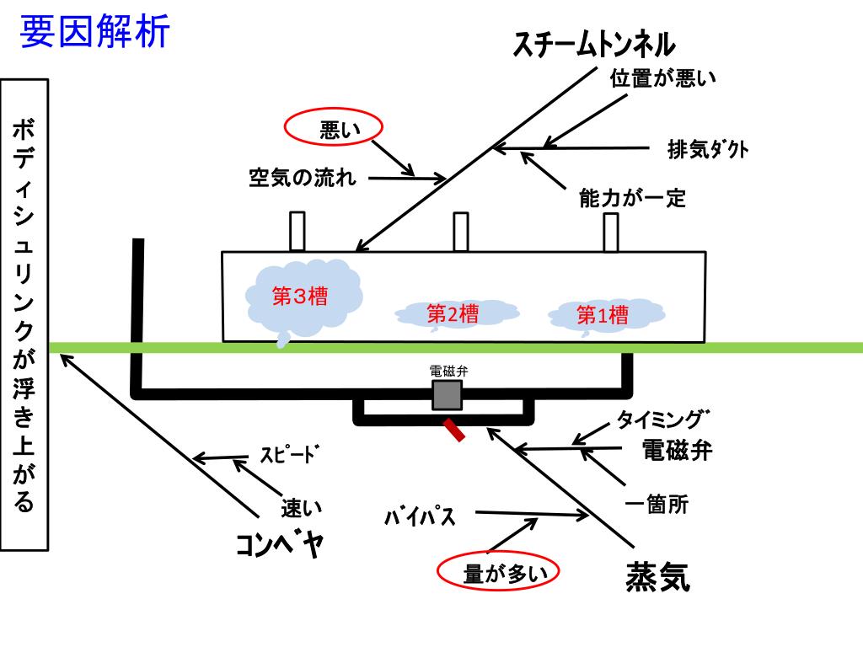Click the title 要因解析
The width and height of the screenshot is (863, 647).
pyautogui.click(x=94, y=33)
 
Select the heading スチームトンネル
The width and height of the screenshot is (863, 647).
pyautogui.click(x=595, y=45)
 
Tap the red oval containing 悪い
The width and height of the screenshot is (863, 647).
pyautogui.click(x=333, y=129)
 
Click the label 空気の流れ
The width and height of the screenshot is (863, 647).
pyautogui.click(x=303, y=178)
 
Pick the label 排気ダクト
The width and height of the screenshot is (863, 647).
pyautogui.click(x=708, y=150)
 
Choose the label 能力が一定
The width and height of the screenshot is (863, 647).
pyautogui.click(x=632, y=198)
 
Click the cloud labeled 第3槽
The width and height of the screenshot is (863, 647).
pyautogui.click(x=302, y=297)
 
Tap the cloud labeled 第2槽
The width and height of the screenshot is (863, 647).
pyautogui.click(x=453, y=314)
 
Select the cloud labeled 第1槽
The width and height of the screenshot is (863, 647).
pyautogui.click(x=603, y=315)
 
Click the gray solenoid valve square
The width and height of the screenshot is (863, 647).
pyautogui.click(x=447, y=394)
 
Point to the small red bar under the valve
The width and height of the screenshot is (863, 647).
pyautogui.click(x=454, y=430)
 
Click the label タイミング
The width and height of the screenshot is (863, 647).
pyautogui.click(x=663, y=419)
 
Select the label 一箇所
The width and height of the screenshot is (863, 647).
pyautogui.click(x=657, y=505)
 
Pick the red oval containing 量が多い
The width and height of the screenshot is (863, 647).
pyautogui.click(x=500, y=573)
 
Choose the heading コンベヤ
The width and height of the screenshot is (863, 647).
pyautogui.click(x=279, y=546)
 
